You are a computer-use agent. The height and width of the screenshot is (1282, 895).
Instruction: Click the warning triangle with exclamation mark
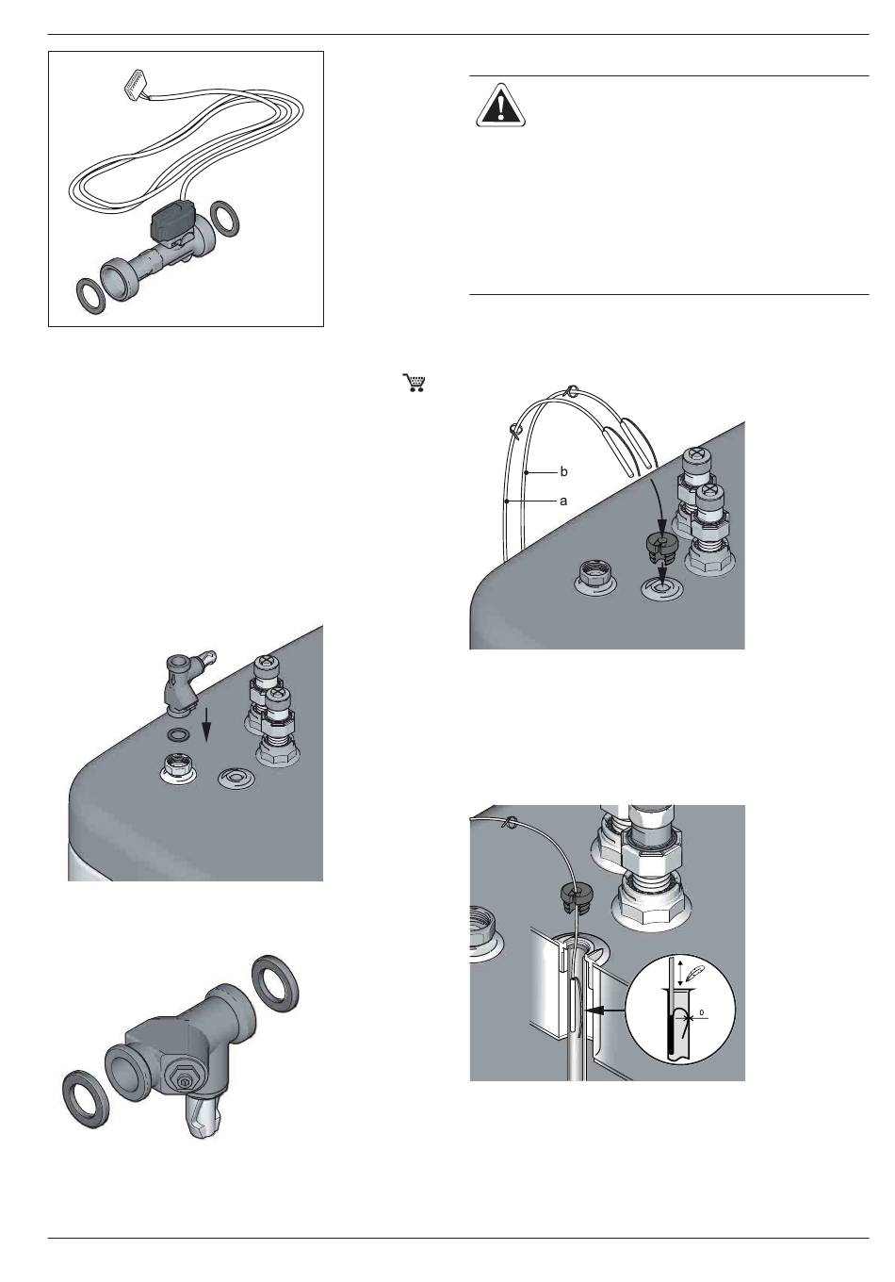500,106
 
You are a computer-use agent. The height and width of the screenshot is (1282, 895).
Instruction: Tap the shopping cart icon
414,383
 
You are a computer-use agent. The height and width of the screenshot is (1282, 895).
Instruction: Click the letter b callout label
564,472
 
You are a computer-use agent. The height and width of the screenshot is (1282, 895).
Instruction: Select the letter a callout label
564,501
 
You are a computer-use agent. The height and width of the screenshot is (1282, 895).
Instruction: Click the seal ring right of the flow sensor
225,218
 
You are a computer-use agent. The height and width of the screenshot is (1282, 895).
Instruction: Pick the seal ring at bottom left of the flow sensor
91,293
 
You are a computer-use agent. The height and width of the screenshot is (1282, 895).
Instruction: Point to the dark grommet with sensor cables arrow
661,550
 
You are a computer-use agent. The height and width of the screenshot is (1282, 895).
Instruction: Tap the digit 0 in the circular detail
702,1012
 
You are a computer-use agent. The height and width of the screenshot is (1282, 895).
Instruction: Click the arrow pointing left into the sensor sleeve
605,1011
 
